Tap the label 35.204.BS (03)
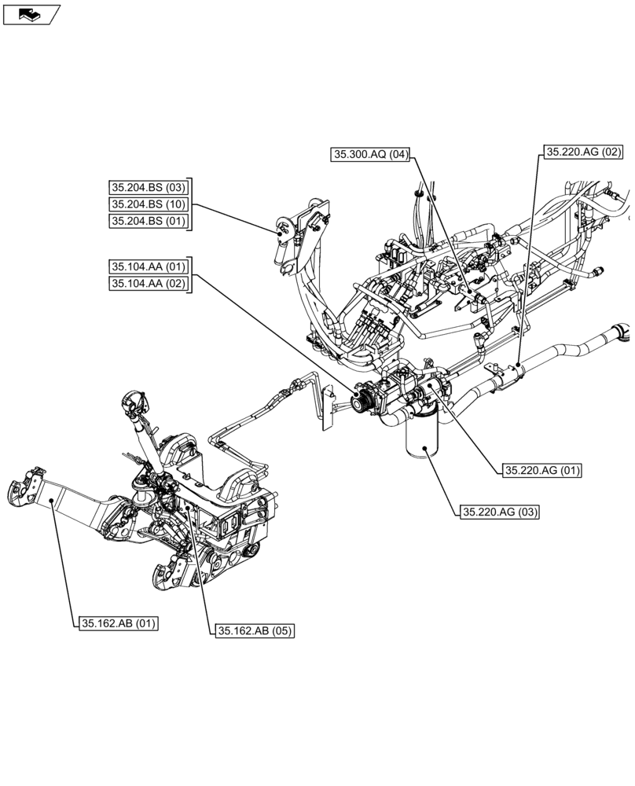tap(149, 187)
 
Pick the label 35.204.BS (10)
tap(149, 204)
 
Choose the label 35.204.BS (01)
tap(149, 221)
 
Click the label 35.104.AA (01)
tap(149, 266)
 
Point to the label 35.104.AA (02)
tap(149, 284)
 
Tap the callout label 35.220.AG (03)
tap(500, 512)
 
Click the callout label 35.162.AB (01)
tap(118, 624)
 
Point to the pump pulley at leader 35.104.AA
tap(361, 399)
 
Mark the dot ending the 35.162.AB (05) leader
tap(189, 508)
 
